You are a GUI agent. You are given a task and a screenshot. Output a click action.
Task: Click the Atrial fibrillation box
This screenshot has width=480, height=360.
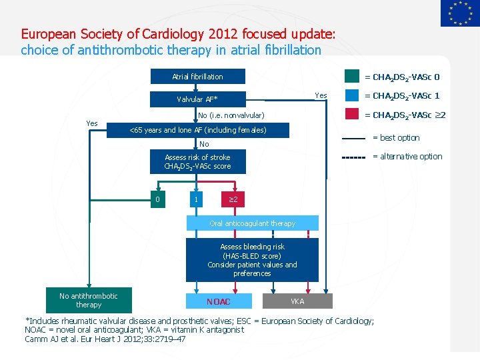pyautogui.click(x=197, y=77)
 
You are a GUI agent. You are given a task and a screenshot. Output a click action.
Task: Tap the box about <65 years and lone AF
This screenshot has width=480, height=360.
pyautogui.click(x=197, y=130)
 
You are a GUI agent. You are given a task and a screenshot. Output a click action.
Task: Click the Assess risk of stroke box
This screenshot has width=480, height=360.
pyautogui.click(x=197, y=162)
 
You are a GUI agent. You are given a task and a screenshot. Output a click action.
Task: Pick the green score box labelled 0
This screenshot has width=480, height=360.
pyautogui.click(x=157, y=199)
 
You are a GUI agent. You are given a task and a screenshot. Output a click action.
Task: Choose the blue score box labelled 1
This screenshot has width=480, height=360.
pyautogui.click(x=196, y=199)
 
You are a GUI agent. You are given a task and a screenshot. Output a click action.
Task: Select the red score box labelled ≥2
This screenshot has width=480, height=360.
pyautogui.click(x=233, y=199)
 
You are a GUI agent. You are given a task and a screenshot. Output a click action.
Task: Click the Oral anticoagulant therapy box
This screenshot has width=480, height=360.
pyautogui.click(x=252, y=223)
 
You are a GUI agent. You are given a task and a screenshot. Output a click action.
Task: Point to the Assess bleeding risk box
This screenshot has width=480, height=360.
pyautogui.click(x=252, y=260)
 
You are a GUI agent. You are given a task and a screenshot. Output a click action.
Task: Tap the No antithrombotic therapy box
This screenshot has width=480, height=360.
pyautogui.click(x=89, y=301)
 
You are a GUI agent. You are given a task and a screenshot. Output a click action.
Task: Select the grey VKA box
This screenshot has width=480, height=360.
pyautogui.click(x=297, y=301)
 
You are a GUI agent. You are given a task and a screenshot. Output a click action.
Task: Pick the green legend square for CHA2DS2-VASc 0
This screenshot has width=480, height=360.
pyautogui.click(x=352, y=77)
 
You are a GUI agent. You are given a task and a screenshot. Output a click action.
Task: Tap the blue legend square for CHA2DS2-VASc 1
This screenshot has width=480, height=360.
pyautogui.click(x=352, y=95)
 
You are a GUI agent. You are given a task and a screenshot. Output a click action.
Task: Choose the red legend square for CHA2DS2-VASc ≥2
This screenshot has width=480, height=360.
pyautogui.click(x=352, y=114)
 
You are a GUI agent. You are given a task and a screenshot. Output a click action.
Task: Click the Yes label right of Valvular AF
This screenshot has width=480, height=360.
pyautogui.click(x=321, y=95)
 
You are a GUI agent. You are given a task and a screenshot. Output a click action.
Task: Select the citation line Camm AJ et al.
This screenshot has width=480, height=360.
pyautogui.click(x=105, y=339)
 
